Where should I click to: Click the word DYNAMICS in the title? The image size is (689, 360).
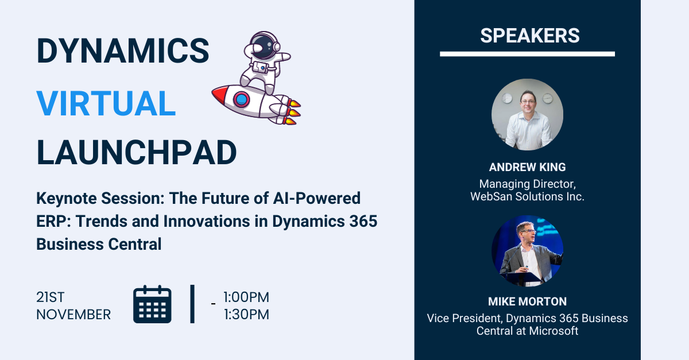(123, 51)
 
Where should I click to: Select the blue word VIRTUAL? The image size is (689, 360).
(106, 104)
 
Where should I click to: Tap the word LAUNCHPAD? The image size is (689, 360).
(137, 153)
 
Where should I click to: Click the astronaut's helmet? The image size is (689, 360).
(263, 45)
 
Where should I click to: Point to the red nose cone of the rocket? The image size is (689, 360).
(219, 94)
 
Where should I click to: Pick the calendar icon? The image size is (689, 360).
(152, 304)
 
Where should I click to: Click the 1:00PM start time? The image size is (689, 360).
(246, 297)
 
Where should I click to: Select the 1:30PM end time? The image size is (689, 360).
(246, 315)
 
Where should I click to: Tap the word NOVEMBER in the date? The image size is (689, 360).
(73, 315)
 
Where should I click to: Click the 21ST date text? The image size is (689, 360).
(51, 297)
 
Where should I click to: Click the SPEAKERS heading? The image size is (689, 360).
(529, 36)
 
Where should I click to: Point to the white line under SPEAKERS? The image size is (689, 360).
(527, 54)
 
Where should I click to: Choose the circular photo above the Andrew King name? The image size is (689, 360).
(527, 114)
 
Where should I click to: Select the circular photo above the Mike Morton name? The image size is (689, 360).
(527, 251)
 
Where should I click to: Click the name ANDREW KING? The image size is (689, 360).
(527, 167)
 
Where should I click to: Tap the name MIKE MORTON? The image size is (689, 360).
(527, 301)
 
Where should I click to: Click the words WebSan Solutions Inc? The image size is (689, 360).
(527, 196)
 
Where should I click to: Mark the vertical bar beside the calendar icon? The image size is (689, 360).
(192, 304)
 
